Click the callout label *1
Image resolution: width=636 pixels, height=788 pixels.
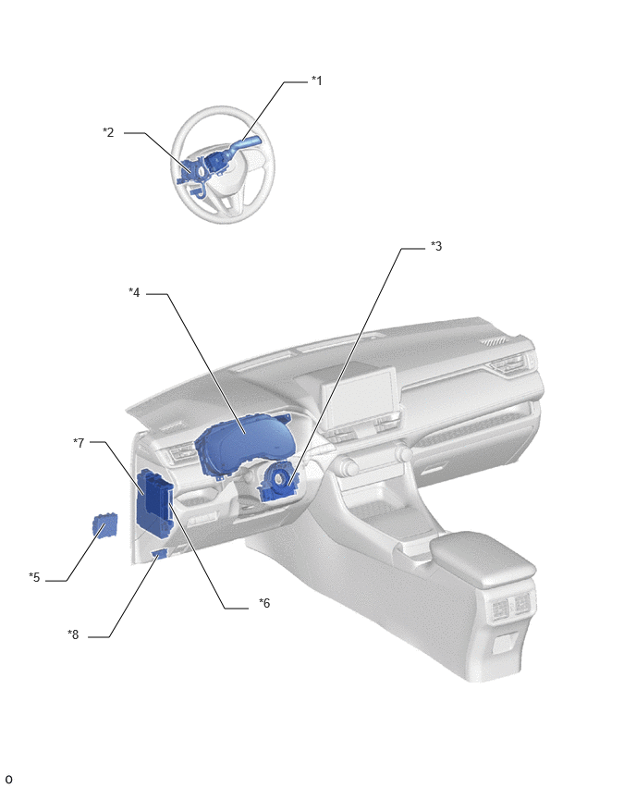pos(316,80)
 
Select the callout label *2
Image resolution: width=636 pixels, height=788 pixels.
pos(108,132)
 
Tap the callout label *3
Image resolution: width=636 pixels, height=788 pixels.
pos(436,246)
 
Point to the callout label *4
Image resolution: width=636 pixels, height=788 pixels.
pos(134,292)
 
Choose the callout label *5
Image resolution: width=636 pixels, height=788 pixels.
pos(34,577)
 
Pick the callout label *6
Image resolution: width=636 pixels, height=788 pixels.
pos(264,603)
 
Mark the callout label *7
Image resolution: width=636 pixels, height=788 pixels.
pos(79,443)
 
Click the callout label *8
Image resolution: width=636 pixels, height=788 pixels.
pos(73,634)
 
